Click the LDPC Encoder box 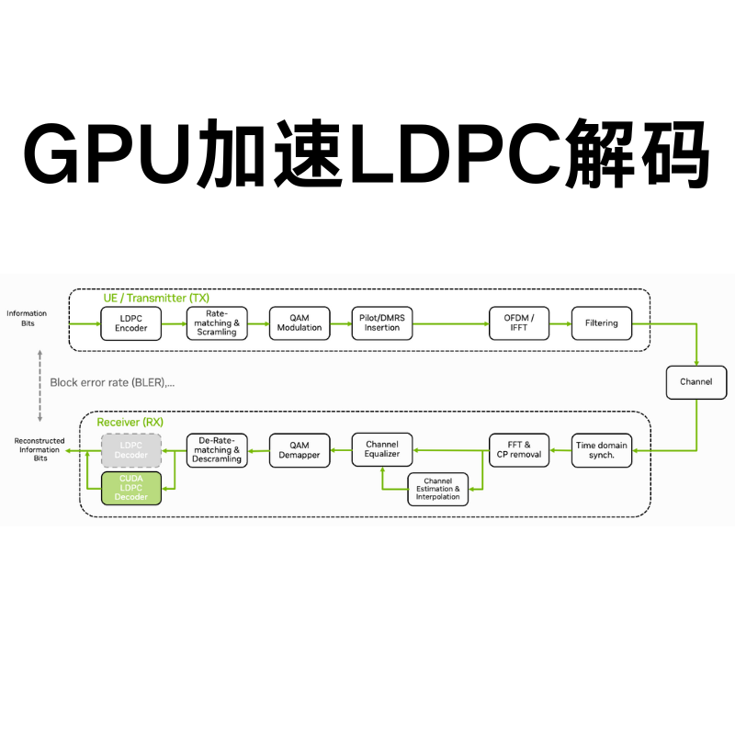point(131,323)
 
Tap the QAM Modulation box point(300,323)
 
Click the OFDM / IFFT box point(520,323)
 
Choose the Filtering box point(602,323)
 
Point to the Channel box point(695,381)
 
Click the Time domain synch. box point(602,450)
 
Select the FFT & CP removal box point(519,450)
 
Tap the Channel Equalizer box point(382,449)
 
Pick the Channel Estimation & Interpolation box point(437,489)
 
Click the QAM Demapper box point(300,450)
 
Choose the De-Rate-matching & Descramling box point(218,450)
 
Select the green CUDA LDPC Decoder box point(131,488)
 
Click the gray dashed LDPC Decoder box point(131,450)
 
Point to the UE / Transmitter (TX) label point(156,298)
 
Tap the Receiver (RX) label point(130,422)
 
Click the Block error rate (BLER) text point(112,382)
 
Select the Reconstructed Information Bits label point(40,449)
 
